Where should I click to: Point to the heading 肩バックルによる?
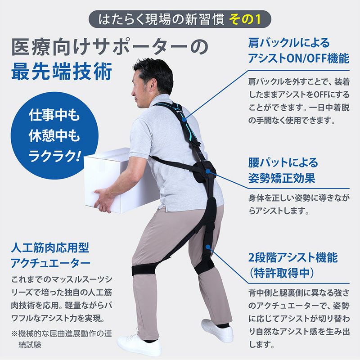pyautogui.click(x=283, y=43)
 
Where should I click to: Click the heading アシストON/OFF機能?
pyautogui.click(x=298, y=59)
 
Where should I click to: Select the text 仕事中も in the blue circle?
pyautogui.click(x=54, y=116)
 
